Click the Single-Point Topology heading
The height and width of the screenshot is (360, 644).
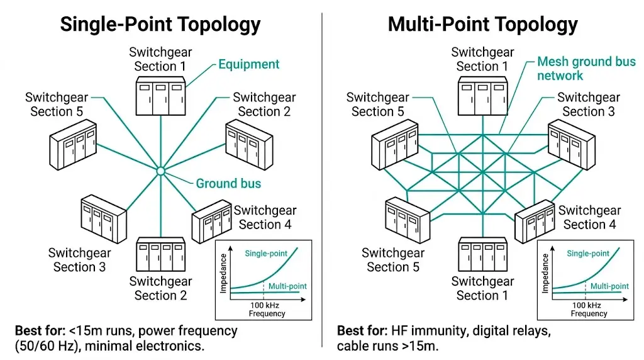[x=160, y=24]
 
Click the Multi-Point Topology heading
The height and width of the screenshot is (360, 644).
[x=482, y=24]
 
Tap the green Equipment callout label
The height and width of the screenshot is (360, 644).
[x=249, y=64]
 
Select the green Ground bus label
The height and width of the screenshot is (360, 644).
[x=228, y=184]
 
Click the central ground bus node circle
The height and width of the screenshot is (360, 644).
[x=160, y=171]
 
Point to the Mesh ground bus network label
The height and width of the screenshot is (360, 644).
[x=586, y=69]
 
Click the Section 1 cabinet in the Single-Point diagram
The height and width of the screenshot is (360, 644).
[x=160, y=96]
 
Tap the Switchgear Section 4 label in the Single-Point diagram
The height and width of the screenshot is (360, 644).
[x=265, y=217]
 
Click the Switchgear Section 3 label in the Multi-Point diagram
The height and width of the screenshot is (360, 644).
[x=588, y=104]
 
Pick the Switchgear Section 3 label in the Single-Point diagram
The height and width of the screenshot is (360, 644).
[x=79, y=260]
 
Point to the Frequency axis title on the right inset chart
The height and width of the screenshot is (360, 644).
[x=589, y=313]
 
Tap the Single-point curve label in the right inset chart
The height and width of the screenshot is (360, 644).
[x=588, y=254]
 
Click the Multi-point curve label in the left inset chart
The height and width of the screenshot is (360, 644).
[x=287, y=286]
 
